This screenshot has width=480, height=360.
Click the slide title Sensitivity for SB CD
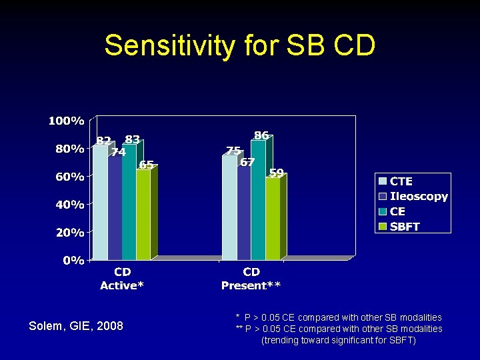[240, 46]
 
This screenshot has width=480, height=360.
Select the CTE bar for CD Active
[100, 203]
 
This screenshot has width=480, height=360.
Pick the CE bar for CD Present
[258, 200]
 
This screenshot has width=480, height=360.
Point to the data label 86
[261, 135]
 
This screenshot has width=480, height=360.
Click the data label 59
[277, 173]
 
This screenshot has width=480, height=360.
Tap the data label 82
[103, 141]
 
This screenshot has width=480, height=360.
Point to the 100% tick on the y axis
[66, 121]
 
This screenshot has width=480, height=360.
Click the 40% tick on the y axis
[69, 205]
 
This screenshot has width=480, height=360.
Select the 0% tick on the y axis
[73, 260]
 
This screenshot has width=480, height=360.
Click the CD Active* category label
[122, 279]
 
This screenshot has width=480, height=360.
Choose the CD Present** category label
[251, 279]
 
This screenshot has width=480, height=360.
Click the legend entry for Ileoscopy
[419, 197]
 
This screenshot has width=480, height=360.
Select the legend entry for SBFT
[405, 226]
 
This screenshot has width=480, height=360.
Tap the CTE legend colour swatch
[383, 181]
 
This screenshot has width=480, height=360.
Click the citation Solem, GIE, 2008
[76, 325]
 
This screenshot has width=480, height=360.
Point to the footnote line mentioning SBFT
[339, 340]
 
